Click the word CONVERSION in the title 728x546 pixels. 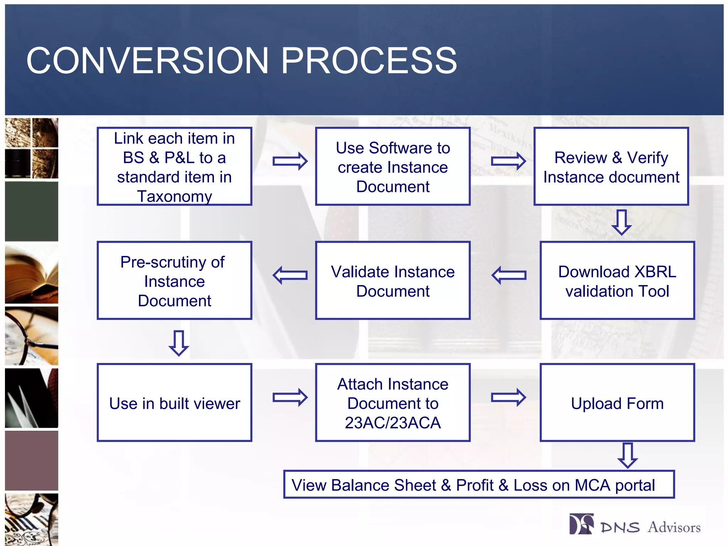pyautogui.click(x=147, y=61)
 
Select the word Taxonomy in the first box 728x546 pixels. pyautogui.click(x=175, y=196)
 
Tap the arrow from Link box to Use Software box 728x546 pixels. pyautogui.click(x=290, y=161)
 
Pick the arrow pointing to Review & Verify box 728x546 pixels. pyautogui.click(x=508, y=161)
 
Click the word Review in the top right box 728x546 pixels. pyautogui.click(x=580, y=157)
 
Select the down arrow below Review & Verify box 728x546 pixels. pyautogui.click(x=621, y=222)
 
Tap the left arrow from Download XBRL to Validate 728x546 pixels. pyautogui.click(x=509, y=275)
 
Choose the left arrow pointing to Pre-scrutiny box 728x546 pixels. pyautogui.click(x=290, y=275)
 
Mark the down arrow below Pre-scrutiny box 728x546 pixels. pyautogui.click(x=179, y=343)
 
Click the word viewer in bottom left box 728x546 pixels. pyautogui.click(x=218, y=404)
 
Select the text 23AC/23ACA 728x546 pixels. pyautogui.click(x=392, y=423)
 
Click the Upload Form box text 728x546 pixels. pyautogui.click(x=617, y=404)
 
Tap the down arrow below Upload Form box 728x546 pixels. pyautogui.click(x=628, y=455)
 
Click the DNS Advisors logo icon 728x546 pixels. pyautogui.click(x=581, y=524)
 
